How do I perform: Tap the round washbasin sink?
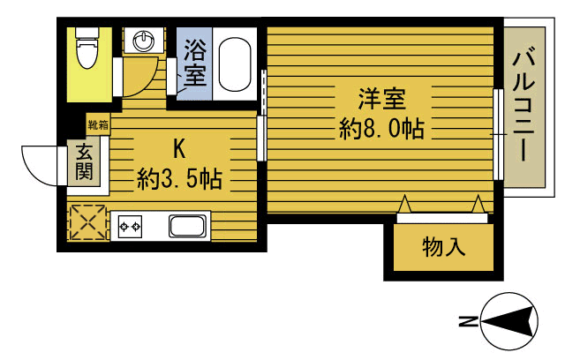pos(143,41)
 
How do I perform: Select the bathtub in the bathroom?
pos(234,64)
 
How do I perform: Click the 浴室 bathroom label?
pos(195,63)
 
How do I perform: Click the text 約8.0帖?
pos(381,129)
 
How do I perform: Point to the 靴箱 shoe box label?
pos(97,124)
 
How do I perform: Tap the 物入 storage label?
pos(442,246)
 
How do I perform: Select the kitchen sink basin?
pos(187,227)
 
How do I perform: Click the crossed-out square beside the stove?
pos(87,223)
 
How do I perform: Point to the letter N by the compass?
pos(465,321)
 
